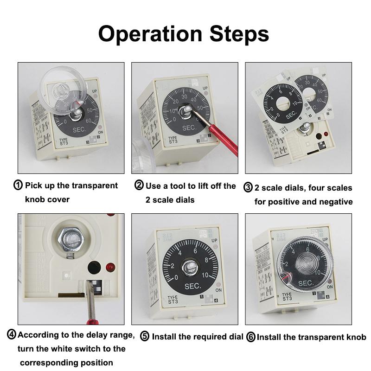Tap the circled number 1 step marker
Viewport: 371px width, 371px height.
pyautogui.click(x=18, y=185)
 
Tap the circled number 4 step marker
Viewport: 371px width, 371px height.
pyautogui.click(x=12, y=335)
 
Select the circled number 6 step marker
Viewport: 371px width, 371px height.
pyautogui.click(x=251, y=337)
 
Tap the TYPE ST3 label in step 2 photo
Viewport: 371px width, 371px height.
pyautogui.click(x=173, y=140)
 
